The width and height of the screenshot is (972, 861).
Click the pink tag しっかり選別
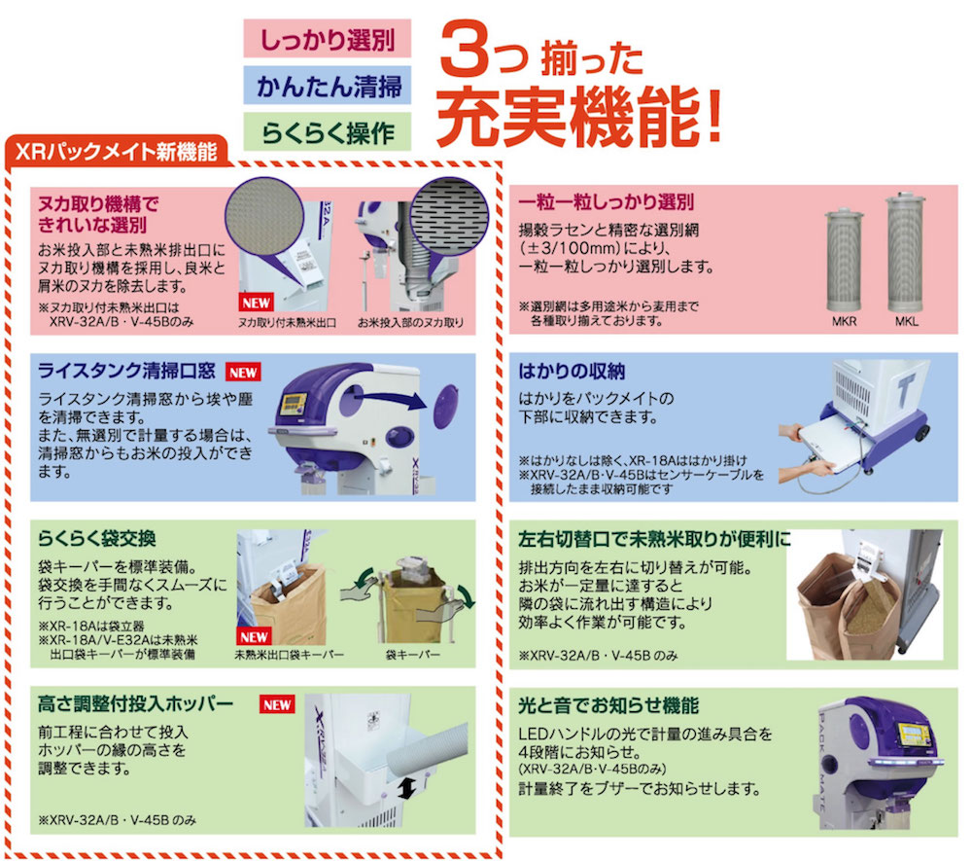click(327, 39)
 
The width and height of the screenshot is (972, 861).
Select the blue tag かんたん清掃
click(327, 86)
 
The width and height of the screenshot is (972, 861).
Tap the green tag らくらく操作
click(327, 131)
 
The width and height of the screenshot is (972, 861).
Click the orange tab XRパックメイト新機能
click(118, 152)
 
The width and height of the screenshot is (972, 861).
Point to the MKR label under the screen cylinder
click(844, 321)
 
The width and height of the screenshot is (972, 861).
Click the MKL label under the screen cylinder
click(906, 321)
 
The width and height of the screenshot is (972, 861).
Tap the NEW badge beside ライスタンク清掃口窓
click(243, 373)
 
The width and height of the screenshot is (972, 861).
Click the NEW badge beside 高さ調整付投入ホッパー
click(277, 704)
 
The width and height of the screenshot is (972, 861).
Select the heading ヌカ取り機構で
click(98, 203)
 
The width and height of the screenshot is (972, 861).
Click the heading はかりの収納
click(572, 371)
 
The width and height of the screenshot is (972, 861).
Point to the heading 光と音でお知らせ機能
click(608, 705)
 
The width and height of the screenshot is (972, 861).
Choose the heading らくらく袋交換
click(96, 538)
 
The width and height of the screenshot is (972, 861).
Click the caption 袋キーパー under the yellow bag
click(413, 655)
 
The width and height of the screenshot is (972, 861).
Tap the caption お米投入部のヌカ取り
click(410, 323)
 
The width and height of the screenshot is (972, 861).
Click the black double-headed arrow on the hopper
click(407, 787)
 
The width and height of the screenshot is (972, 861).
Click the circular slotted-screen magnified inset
click(449, 217)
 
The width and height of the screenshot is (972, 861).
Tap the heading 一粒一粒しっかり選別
click(607, 202)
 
